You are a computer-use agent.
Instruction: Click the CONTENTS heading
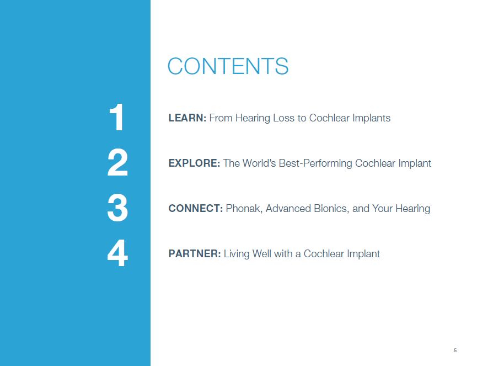click(228, 66)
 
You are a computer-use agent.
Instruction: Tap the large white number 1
click(117, 117)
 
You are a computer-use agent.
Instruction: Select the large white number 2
click(117, 162)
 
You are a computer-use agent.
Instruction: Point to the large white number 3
click(117, 208)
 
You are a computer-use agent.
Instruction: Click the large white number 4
click(117, 253)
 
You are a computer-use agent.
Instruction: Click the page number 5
click(455, 350)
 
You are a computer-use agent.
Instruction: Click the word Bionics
click(331, 209)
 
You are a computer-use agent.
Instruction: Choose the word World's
click(259, 163)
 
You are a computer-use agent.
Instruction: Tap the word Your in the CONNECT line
click(382, 209)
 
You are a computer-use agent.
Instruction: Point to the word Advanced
click(288, 209)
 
